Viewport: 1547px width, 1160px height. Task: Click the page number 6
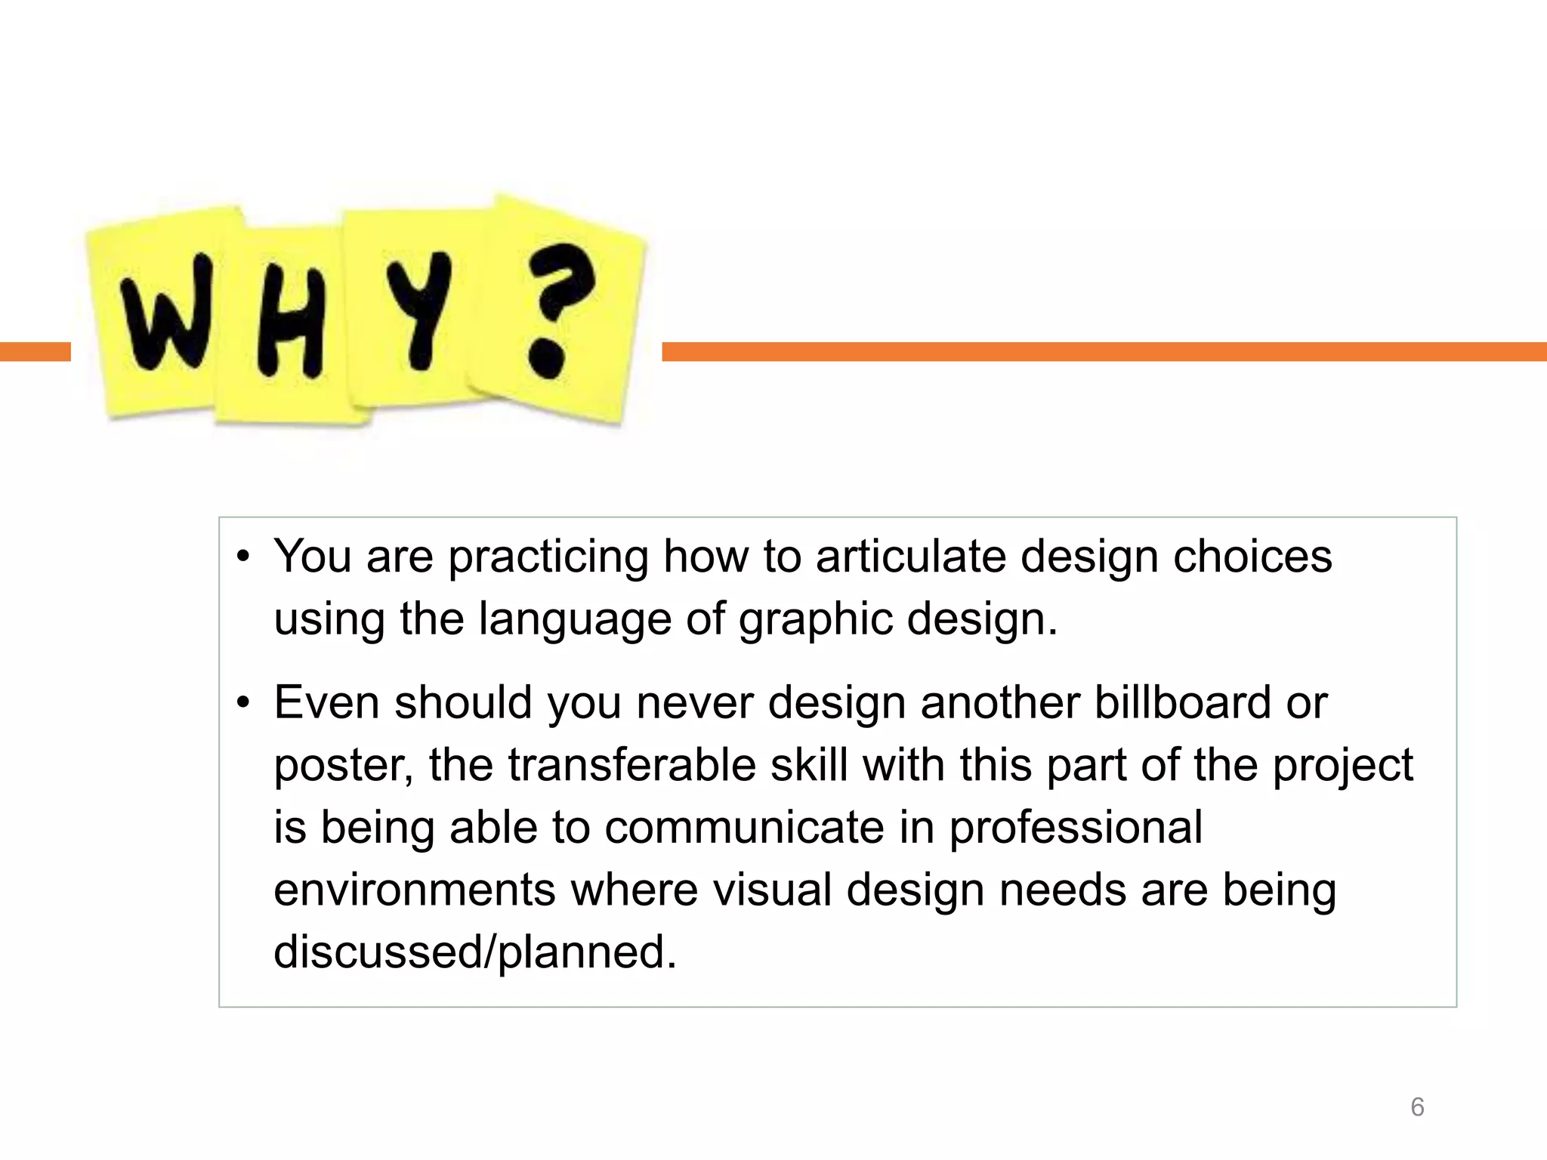click(x=1417, y=1107)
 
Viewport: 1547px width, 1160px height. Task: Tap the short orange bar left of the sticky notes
click(x=35, y=352)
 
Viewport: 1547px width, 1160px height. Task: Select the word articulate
click(x=910, y=557)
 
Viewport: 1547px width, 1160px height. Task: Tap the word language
click(x=574, y=621)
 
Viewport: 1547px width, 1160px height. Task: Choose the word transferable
click(x=631, y=765)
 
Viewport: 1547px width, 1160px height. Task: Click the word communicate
click(x=744, y=828)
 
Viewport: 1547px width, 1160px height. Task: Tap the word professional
click(x=1076, y=829)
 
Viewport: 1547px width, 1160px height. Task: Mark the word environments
click(x=415, y=890)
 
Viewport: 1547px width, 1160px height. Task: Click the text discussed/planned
click(x=475, y=953)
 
